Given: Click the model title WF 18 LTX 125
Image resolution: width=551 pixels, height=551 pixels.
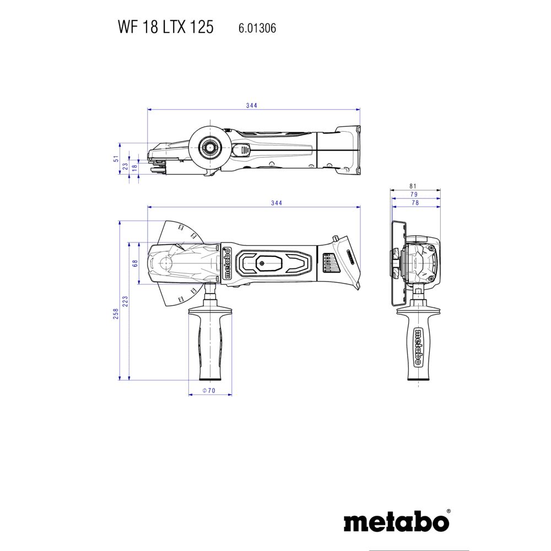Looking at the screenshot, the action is pyautogui.click(x=165, y=27).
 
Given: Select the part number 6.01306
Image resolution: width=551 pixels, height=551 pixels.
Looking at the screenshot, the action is pyautogui.click(x=257, y=28).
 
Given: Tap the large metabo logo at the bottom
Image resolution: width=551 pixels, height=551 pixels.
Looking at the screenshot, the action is pyautogui.click(x=396, y=522).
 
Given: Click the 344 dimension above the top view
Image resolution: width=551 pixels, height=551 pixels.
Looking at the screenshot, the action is pyautogui.click(x=252, y=105).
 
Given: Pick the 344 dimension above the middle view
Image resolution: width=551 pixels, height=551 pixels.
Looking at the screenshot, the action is pyautogui.click(x=277, y=203).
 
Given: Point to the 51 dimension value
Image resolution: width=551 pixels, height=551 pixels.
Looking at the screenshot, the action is pyautogui.click(x=116, y=159).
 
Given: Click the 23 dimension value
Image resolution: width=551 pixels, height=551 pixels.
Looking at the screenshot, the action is pyautogui.click(x=125, y=166).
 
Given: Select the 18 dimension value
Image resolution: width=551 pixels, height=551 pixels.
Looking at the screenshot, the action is pyautogui.click(x=134, y=168).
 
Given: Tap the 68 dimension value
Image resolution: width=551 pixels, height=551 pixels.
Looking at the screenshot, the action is pyautogui.click(x=135, y=263).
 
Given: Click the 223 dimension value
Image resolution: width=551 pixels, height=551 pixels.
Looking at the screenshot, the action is pyautogui.click(x=125, y=301).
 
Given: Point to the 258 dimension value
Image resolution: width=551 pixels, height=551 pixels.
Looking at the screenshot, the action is pyautogui.click(x=116, y=314).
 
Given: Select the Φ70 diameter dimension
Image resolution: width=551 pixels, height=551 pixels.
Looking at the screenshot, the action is pyautogui.click(x=209, y=391).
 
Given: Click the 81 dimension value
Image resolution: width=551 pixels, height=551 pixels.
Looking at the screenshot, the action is pyautogui.click(x=413, y=186).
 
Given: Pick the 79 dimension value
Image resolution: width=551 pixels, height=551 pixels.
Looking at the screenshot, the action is pyautogui.click(x=414, y=195).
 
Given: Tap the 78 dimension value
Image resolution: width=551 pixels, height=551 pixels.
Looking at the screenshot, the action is pyautogui.click(x=415, y=203).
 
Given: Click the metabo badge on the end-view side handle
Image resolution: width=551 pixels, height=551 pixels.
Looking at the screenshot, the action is pyautogui.click(x=418, y=347).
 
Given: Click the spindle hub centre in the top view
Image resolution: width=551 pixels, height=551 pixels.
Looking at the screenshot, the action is pyautogui.click(x=210, y=148).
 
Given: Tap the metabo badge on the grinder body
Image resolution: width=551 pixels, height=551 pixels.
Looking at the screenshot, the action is pyautogui.click(x=227, y=263).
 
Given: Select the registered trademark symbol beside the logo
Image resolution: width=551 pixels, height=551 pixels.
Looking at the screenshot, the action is pyautogui.click(x=449, y=511).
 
